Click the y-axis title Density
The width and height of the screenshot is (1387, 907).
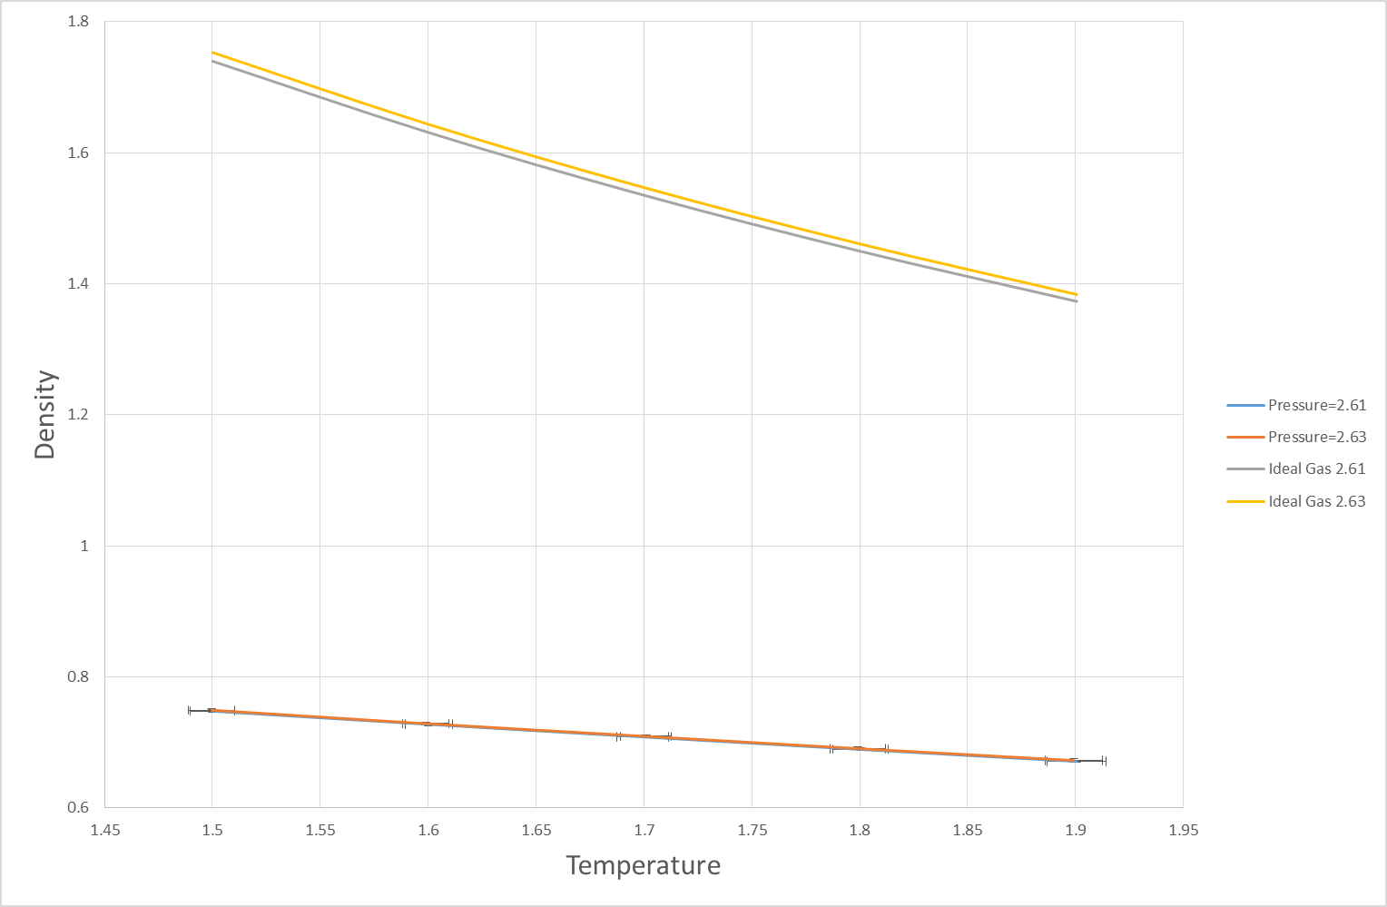(x=44, y=414)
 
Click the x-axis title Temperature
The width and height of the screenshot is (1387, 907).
(x=643, y=865)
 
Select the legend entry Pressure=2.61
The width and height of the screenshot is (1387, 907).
(x=1316, y=405)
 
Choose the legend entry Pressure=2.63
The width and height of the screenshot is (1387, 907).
(x=1316, y=437)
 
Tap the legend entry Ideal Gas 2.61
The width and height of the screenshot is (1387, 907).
(x=1316, y=468)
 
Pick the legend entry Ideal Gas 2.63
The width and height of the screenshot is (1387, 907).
(x=1316, y=501)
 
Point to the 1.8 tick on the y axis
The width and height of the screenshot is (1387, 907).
(x=78, y=22)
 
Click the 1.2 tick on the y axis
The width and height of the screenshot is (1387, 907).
(x=78, y=415)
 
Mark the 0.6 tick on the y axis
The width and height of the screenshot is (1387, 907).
(x=78, y=808)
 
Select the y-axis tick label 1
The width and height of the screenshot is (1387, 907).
(x=84, y=546)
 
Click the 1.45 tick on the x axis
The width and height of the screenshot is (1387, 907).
(x=104, y=830)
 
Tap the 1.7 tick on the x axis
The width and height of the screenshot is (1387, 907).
(x=644, y=830)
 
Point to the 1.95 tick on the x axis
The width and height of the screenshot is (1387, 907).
(x=1183, y=830)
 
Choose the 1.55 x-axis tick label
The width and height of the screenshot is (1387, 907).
(x=320, y=830)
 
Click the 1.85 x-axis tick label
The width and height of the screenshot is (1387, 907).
(x=967, y=830)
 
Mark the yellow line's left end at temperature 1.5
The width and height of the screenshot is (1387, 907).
(x=212, y=53)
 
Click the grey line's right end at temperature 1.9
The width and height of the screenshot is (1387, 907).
(x=1076, y=301)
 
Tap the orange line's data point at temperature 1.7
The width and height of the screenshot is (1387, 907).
(x=644, y=735)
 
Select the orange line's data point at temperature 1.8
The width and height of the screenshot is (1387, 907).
(x=860, y=749)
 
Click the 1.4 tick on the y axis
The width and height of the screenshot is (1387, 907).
(x=78, y=284)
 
